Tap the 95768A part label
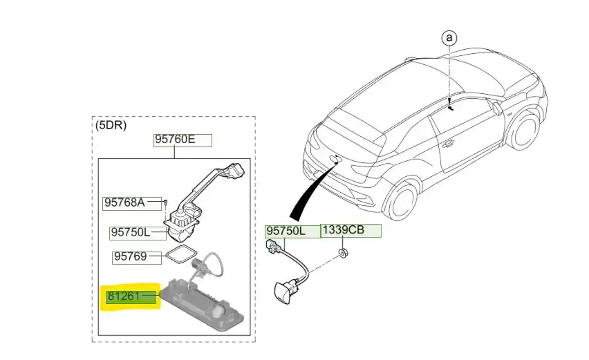(124, 202)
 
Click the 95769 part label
(131, 256)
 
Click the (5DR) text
(111, 126)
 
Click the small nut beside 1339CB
(343, 254)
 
